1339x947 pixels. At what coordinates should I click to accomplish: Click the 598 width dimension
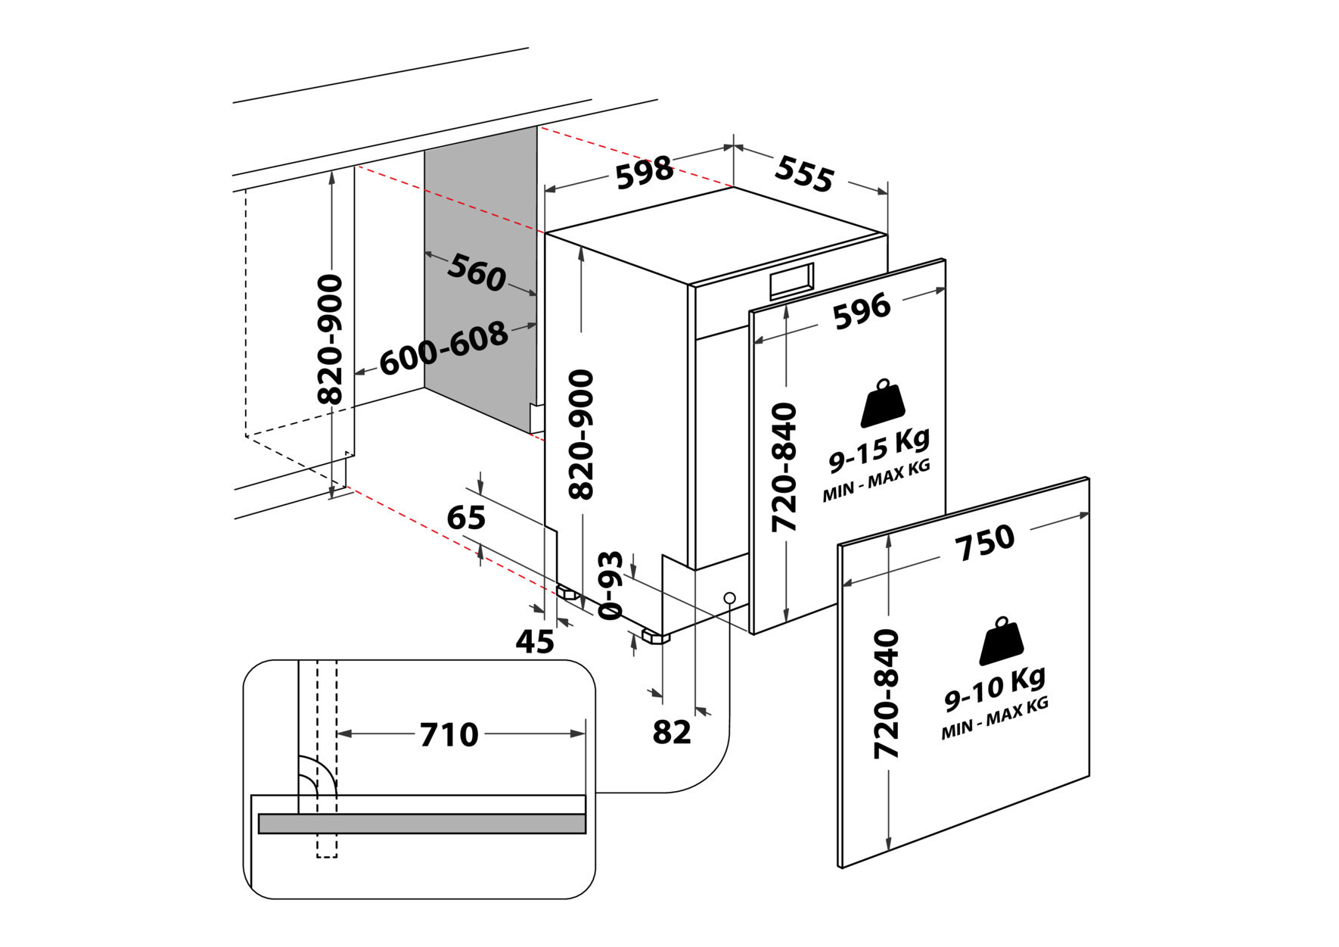click(x=645, y=173)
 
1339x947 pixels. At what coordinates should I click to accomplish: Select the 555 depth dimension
click(x=803, y=175)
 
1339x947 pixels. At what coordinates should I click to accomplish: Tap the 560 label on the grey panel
click(x=477, y=273)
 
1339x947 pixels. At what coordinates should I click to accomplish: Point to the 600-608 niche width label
click(x=443, y=348)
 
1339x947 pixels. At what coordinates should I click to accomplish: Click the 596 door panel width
click(x=862, y=311)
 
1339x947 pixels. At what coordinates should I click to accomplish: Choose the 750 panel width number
click(x=984, y=542)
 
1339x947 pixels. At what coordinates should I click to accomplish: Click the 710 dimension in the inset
click(x=449, y=734)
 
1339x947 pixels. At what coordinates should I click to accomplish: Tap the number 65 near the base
click(x=466, y=518)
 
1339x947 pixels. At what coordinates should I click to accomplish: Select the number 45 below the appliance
click(x=535, y=642)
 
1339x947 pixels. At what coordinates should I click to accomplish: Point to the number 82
click(x=672, y=732)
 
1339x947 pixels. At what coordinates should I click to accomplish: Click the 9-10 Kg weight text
click(x=996, y=689)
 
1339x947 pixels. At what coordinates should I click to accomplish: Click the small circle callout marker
click(x=729, y=597)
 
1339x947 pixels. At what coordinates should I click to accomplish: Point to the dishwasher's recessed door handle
click(x=791, y=281)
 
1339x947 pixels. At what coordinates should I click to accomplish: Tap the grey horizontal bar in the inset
click(x=421, y=824)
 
